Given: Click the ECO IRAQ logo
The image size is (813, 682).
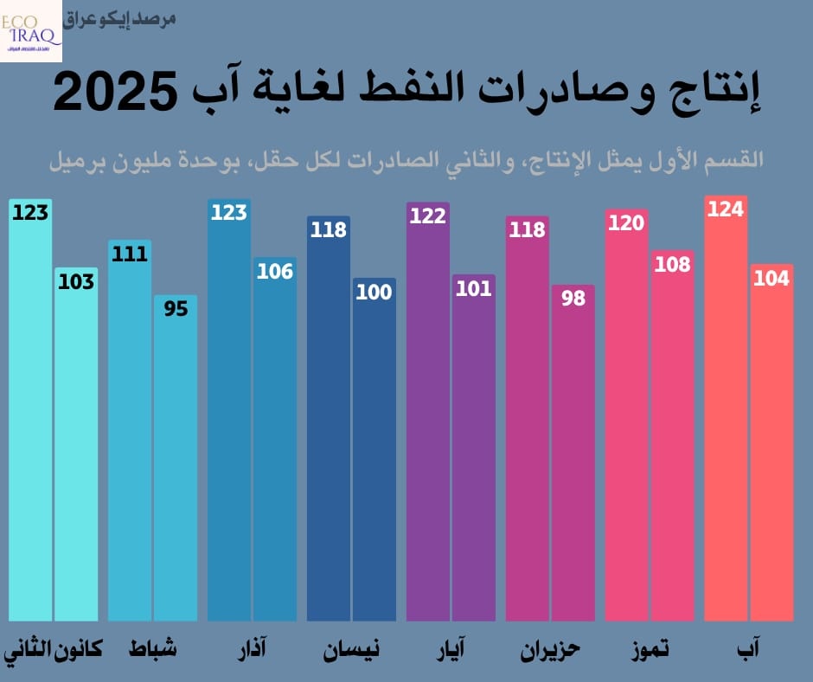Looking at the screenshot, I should pos(31,30).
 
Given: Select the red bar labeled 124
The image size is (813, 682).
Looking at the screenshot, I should pos(726,415).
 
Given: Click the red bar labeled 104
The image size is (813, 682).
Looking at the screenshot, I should pos(771,450).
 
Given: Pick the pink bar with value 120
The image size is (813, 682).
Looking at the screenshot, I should pos(626,424).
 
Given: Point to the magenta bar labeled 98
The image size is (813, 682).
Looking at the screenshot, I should pos(573,459).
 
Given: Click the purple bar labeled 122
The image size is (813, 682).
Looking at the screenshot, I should pos(427,415).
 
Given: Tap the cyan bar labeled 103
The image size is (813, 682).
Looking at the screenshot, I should pos(76,450).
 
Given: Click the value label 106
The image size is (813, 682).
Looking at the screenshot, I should pos(275,271).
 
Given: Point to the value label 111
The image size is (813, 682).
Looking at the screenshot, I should pos(129,254).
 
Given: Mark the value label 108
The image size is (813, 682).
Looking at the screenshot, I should pos(673,264).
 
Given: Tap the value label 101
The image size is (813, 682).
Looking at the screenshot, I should pos(474,288).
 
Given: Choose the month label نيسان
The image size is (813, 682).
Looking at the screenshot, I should pos(351,648).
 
